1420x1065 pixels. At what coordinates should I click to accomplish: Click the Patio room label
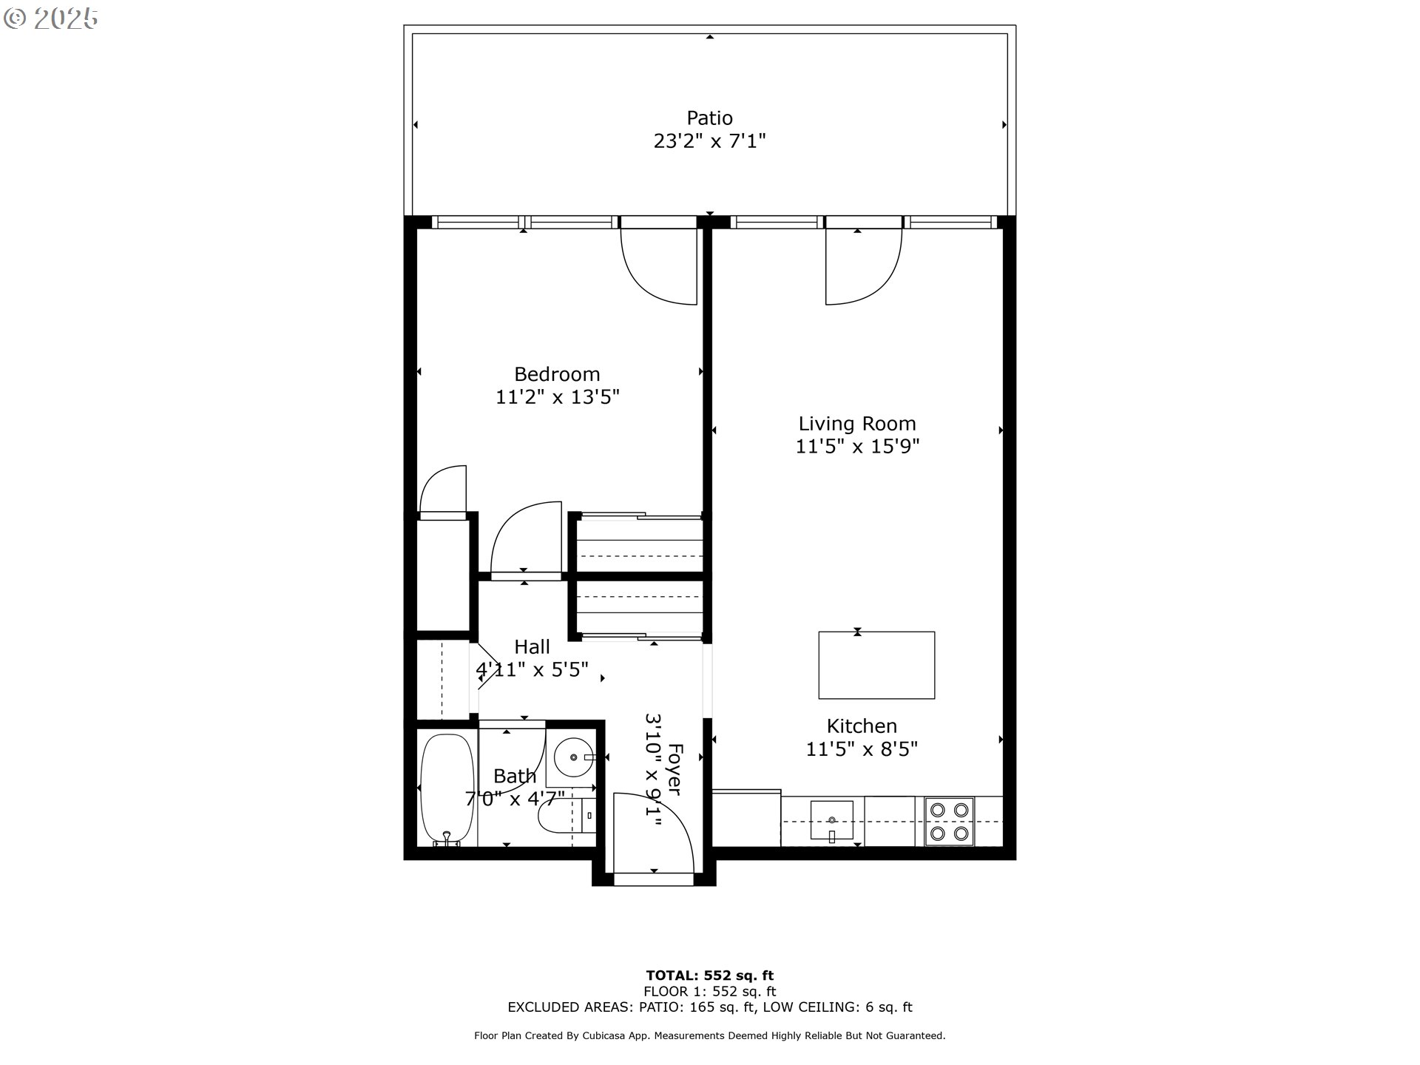coord(709,118)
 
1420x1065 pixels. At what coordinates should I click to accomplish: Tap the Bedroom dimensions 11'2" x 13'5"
coord(557,397)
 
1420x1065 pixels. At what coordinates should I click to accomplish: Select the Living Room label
coord(856,424)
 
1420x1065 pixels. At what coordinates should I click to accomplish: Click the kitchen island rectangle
coord(876,665)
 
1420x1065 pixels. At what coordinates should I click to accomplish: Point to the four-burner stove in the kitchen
coord(949,822)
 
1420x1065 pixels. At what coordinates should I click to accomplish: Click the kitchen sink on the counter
coord(832,821)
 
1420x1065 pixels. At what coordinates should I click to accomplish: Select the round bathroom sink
coord(574,758)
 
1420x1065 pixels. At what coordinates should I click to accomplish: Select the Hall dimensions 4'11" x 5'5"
coord(532,670)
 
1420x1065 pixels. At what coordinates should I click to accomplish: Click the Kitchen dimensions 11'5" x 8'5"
coord(861,749)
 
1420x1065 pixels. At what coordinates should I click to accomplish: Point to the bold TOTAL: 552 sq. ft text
coord(709,976)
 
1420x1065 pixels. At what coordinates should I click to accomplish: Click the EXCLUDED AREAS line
coord(709,1007)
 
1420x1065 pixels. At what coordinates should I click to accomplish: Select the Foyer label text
coord(674,769)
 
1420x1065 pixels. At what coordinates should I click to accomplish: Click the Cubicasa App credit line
coord(709,1036)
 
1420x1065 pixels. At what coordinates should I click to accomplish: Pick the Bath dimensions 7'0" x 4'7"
coord(515,799)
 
